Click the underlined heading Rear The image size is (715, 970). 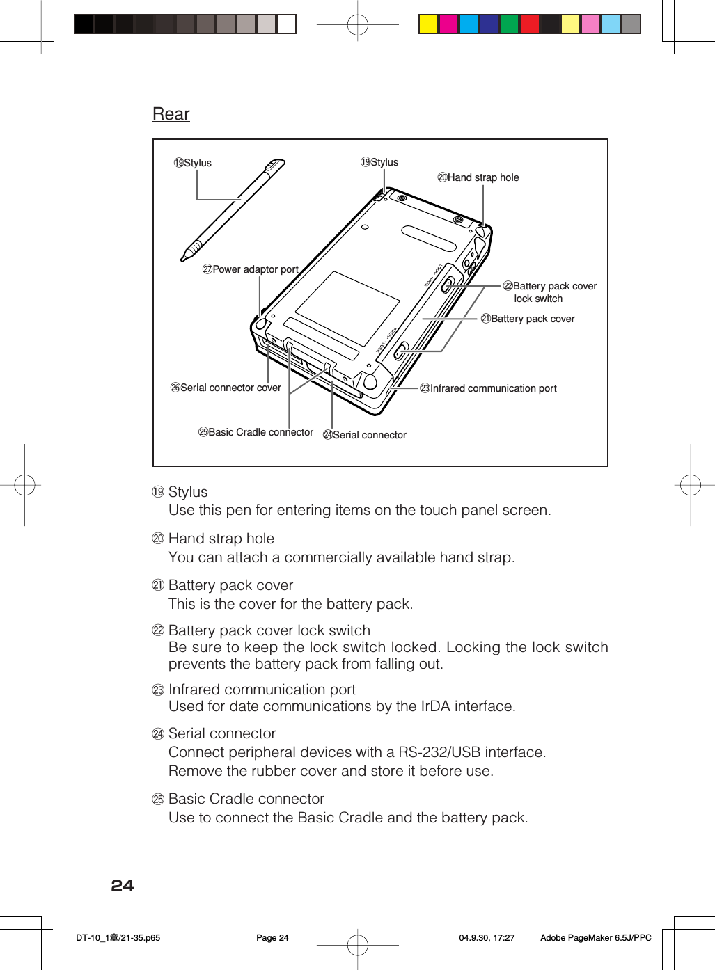(171, 114)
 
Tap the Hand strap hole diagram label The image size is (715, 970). (478, 177)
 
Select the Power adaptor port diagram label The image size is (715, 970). (251, 269)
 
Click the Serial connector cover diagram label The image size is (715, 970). (226, 388)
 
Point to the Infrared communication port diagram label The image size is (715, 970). (488, 388)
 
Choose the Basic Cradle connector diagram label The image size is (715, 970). (256, 432)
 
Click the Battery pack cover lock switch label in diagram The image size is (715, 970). (550, 292)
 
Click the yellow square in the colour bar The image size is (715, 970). (428, 24)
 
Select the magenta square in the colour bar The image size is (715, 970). (448, 24)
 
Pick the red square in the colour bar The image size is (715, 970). (530, 24)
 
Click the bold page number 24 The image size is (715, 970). (123, 886)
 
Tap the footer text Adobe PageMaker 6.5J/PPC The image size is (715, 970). (595, 938)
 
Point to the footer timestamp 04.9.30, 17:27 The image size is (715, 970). (487, 938)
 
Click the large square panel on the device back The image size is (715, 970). (347, 308)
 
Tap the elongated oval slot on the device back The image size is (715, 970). (428, 239)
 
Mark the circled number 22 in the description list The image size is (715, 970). (158, 630)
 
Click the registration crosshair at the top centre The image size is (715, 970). (357, 25)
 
